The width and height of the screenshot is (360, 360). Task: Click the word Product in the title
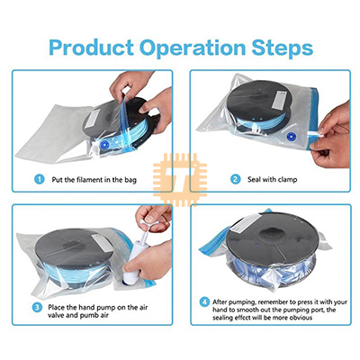coord(91,48)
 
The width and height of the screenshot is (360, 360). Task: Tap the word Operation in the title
coord(193,48)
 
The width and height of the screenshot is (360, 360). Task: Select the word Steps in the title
coord(283,48)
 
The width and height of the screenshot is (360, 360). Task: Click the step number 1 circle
coord(40,179)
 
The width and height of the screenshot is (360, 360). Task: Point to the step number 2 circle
coord(236,179)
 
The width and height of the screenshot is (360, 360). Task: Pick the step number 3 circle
coord(37,307)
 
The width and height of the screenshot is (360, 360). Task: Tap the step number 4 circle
coord(205,301)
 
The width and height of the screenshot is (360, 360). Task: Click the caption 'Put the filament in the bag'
coord(94,180)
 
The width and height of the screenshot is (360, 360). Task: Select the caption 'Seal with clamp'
coord(272,180)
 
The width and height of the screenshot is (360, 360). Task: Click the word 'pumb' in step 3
coord(89,316)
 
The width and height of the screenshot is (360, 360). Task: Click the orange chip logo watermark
coord(180,180)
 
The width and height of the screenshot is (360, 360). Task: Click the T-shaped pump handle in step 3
coord(150,223)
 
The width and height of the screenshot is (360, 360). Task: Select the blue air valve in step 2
coord(291,137)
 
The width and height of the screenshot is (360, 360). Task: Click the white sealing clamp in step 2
coord(315,134)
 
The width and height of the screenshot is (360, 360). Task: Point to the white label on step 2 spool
coord(279,99)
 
